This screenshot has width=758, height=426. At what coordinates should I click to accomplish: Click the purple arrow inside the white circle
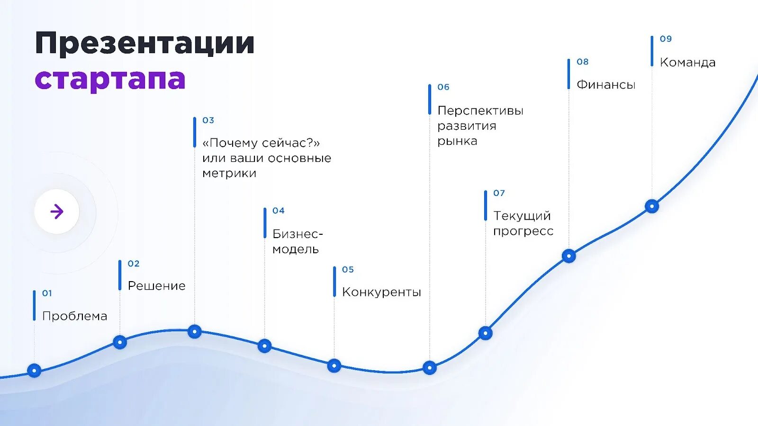[57, 212]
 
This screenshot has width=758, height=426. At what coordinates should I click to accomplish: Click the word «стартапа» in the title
[110, 79]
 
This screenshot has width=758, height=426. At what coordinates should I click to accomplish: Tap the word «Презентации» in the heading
[144, 44]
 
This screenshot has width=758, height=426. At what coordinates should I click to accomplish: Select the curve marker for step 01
[34, 370]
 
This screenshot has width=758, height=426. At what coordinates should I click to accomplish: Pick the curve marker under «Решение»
[120, 342]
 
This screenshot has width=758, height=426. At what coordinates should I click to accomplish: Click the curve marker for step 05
[334, 365]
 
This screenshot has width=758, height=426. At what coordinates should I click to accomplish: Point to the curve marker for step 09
[652, 206]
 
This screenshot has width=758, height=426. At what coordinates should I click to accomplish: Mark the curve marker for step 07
[485, 333]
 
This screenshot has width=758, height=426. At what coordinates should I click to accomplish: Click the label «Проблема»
[74, 316]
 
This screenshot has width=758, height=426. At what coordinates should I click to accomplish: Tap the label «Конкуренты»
[381, 292]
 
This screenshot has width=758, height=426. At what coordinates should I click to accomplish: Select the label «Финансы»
[606, 85]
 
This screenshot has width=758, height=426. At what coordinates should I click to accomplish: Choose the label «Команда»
[687, 62]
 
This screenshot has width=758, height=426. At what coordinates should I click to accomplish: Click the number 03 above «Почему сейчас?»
[208, 120]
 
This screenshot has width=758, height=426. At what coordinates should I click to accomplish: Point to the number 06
[443, 87]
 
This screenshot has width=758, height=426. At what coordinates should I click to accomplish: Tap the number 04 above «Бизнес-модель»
[279, 211]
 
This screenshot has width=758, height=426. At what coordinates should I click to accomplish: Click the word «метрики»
[229, 173]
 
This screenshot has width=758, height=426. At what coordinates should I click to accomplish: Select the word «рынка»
[457, 141]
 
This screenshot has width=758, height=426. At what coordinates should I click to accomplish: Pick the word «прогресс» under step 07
[523, 231]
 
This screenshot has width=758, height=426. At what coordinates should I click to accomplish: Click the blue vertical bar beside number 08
[568, 74]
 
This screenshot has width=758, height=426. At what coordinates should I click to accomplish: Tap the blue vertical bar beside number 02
[120, 275]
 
